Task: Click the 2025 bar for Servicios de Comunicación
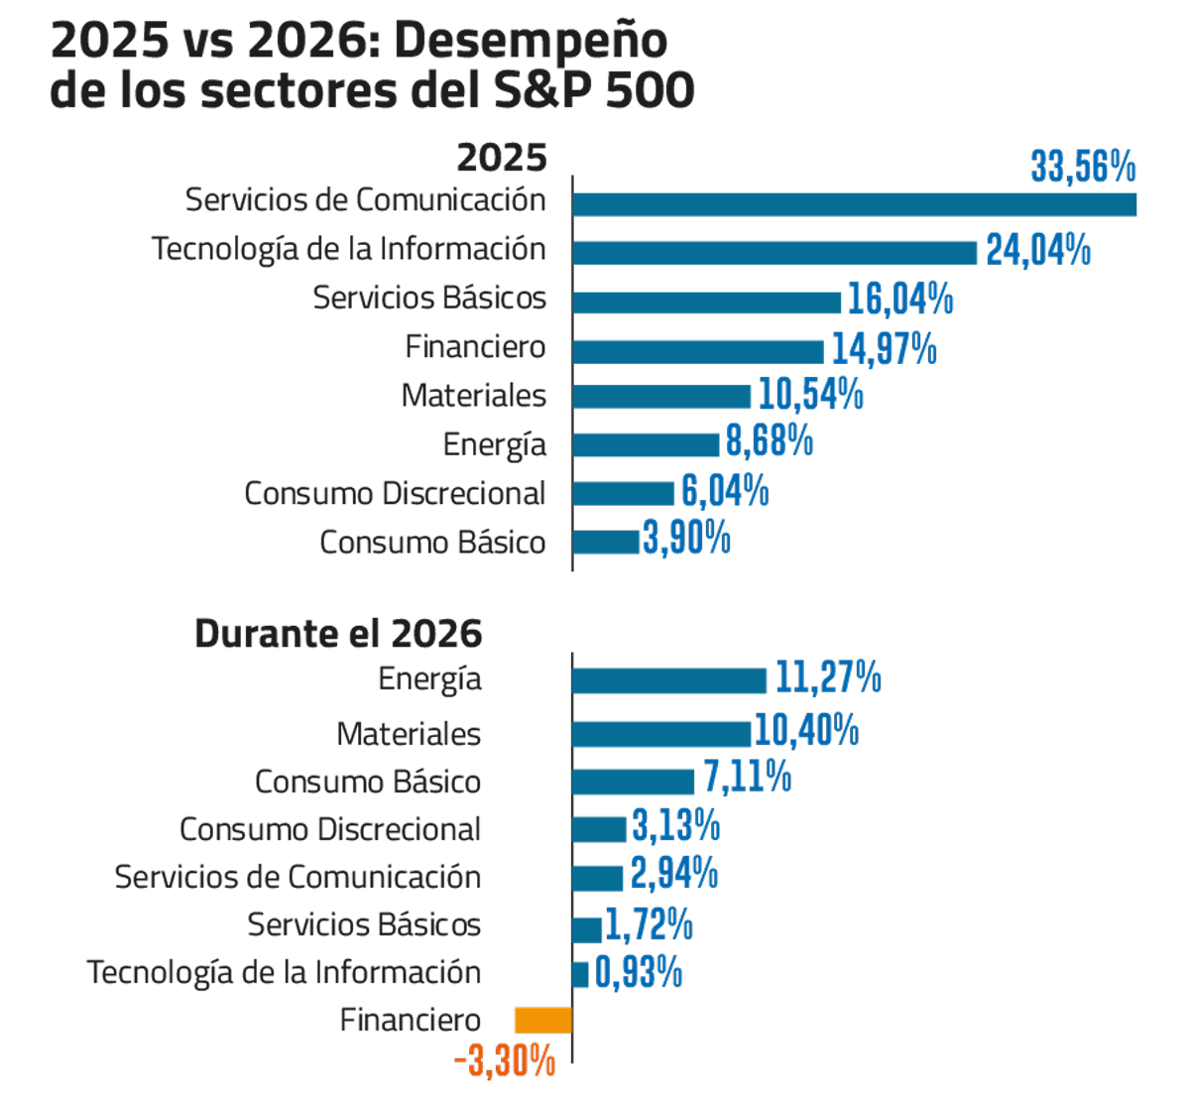click(x=853, y=204)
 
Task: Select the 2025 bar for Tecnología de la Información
click(x=773, y=253)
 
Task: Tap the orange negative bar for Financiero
click(x=542, y=1020)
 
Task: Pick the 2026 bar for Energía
click(x=668, y=680)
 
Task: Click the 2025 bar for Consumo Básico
click(x=606, y=542)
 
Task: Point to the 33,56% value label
click(x=1083, y=167)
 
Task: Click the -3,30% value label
click(x=505, y=1062)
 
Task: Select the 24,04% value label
click(x=1038, y=250)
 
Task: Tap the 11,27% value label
click(x=827, y=677)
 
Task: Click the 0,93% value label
click(x=639, y=972)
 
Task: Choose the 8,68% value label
click(x=770, y=441)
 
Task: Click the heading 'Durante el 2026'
click(x=338, y=633)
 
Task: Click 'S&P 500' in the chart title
click(x=594, y=91)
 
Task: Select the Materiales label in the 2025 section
click(x=474, y=396)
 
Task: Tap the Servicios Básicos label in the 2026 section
click(x=364, y=924)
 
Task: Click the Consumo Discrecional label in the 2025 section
click(x=395, y=493)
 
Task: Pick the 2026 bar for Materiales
click(x=660, y=733)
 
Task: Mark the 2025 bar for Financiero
click(x=697, y=351)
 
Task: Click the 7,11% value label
click(x=747, y=778)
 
